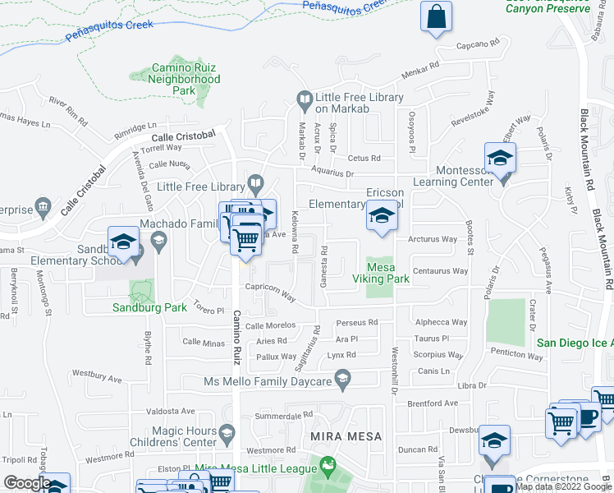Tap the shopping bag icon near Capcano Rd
pos(436,16)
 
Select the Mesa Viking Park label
pos(380,273)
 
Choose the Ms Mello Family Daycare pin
pos(343,380)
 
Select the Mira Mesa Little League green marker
pos(328,467)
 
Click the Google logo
pos(27,483)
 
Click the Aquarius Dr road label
pos(332,174)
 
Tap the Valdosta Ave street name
pos(170,411)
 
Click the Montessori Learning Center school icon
pos(500,159)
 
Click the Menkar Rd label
pos(423,71)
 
